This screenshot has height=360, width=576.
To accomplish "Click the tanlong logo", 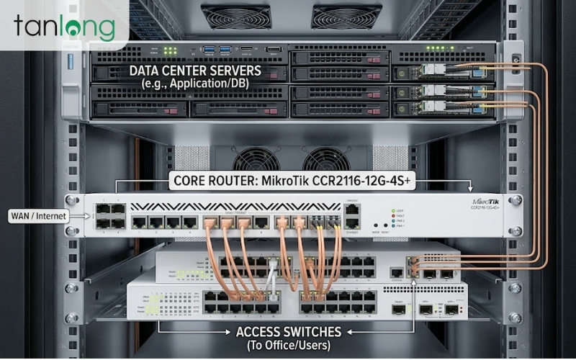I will [64, 28].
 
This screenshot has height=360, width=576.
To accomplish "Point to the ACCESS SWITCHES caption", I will [289, 332].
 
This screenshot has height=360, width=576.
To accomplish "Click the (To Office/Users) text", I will [289, 345].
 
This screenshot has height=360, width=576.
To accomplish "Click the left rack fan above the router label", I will [256, 160].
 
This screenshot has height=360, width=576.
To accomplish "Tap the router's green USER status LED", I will [393, 210].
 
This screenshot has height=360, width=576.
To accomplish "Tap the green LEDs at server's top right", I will [434, 49].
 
